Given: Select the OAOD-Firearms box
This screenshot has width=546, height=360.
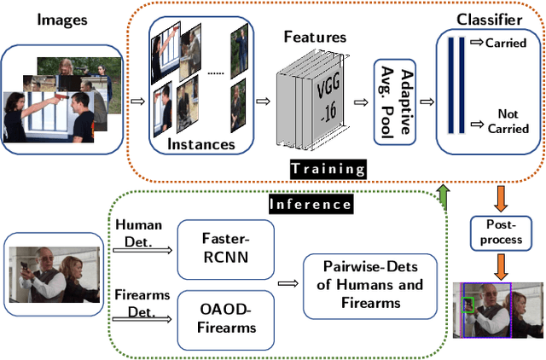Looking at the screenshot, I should point(226,319).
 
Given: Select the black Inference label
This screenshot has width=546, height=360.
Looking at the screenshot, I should point(310,204).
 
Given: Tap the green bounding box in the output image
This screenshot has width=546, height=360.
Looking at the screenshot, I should point(468,305).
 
